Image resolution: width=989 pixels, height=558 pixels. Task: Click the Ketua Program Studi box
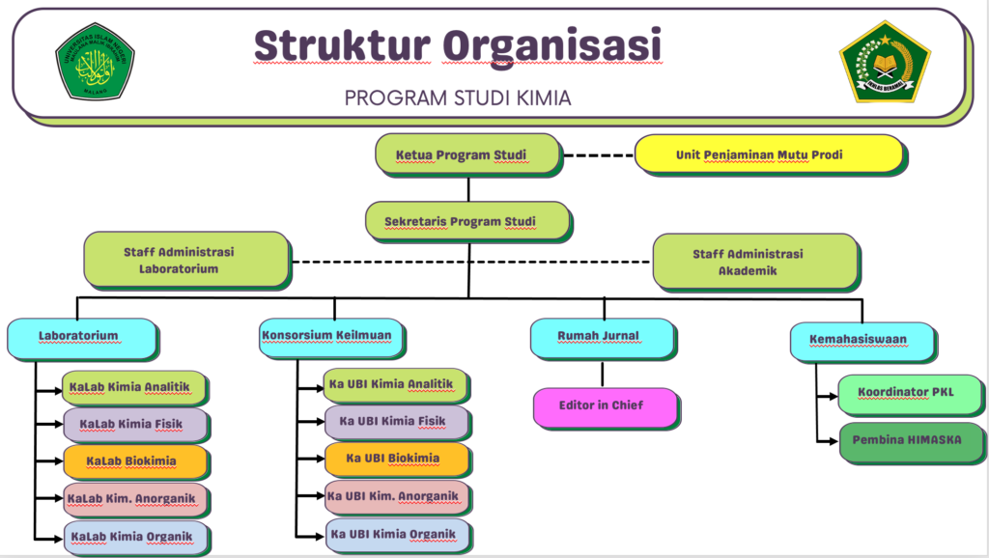(x=467, y=154)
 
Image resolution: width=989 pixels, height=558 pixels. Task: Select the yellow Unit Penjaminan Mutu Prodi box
(x=768, y=154)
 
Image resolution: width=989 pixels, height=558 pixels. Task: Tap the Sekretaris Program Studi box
(x=466, y=221)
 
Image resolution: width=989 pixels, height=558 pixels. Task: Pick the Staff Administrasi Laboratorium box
(x=185, y=260)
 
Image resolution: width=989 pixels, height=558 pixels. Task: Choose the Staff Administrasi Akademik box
(x=754, y=262)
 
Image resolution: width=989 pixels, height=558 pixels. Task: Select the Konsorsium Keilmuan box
(x=331, y=337)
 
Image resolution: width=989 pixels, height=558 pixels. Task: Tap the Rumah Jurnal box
(x=602, y=337)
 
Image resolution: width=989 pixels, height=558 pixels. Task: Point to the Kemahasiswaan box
(x=862, y=340)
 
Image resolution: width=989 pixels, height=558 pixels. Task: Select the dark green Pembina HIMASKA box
(x=906, y=440)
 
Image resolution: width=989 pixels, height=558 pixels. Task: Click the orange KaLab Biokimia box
(x=135, y=460)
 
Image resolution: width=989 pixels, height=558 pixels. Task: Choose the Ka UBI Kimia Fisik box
(x=396, y=422)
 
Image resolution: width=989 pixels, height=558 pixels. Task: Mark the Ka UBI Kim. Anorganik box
(x=396, y=497)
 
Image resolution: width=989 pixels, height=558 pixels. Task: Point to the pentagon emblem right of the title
(x=885, y=62)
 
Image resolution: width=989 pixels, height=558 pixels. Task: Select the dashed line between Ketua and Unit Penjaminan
(x=598, y=154)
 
